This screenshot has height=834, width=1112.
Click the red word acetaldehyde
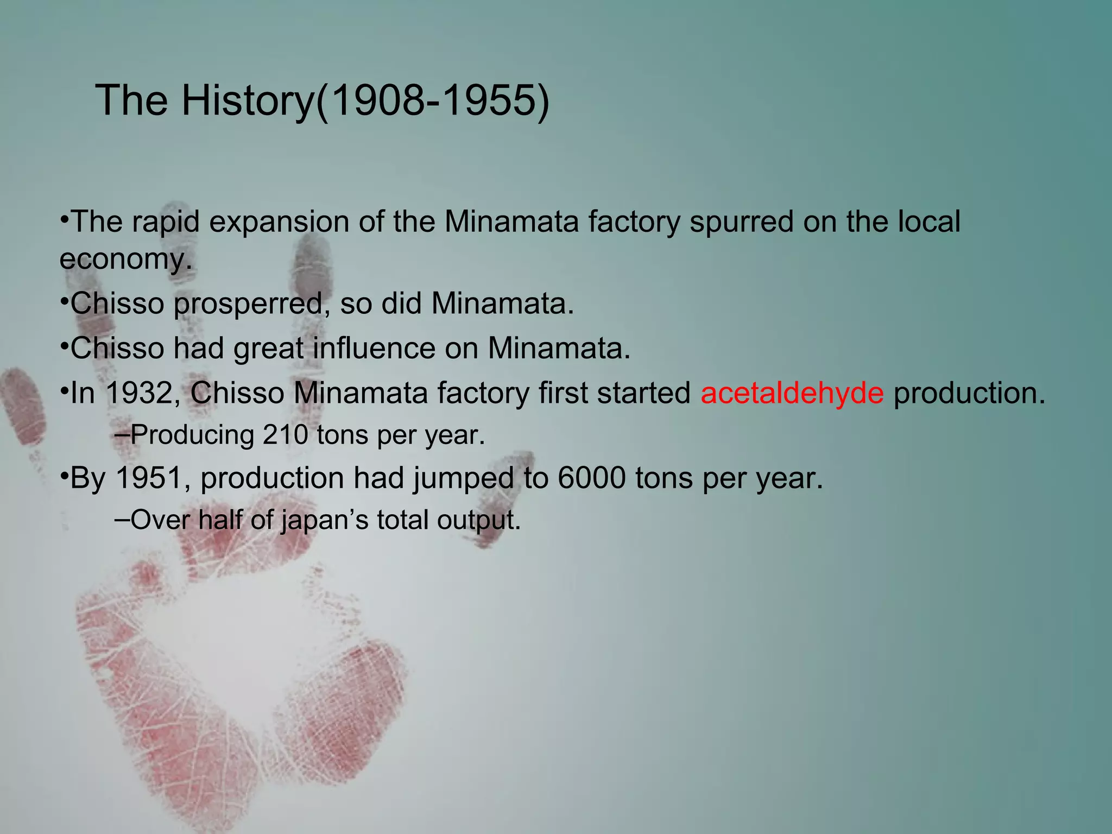[x=792, y=393]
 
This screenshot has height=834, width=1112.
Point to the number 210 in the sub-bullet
[x=285, y=435]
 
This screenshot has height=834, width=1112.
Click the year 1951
[x=148, y=478]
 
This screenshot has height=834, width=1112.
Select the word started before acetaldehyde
[x=643, y=393]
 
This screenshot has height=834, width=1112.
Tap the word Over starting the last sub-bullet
[x=160, y=520]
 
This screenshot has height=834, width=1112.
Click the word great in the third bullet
[x=268, y=349]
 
